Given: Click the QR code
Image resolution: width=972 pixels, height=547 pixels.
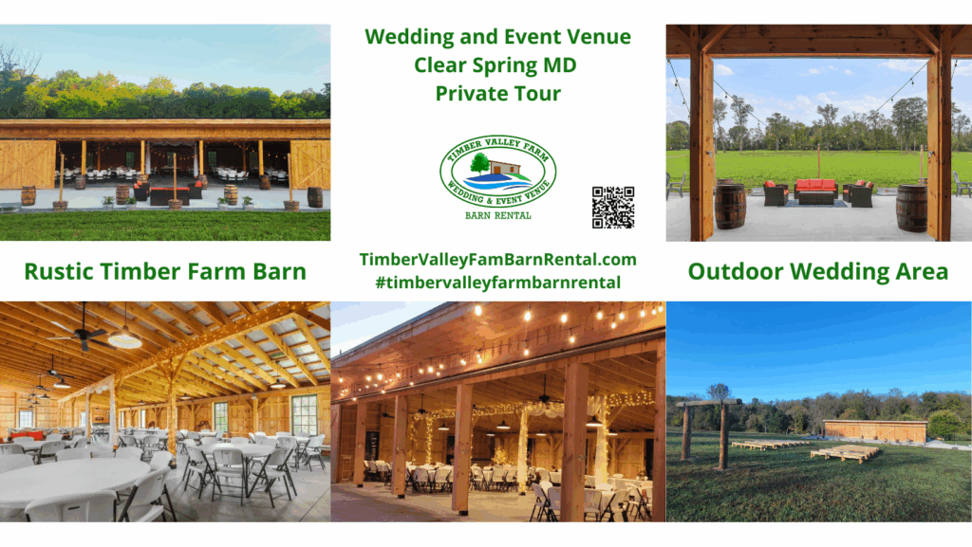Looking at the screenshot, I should click(612, 208).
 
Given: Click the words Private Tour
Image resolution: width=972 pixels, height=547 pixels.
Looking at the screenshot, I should click(497, 94).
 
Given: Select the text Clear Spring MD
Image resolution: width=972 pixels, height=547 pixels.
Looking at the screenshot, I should click(496, 65).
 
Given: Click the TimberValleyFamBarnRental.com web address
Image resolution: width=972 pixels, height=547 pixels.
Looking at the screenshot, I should click(497, 260).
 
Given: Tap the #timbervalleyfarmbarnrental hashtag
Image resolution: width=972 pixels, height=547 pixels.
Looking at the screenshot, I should click(497, 283).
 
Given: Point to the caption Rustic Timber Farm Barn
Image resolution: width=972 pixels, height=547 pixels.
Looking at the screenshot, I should click(165, 272).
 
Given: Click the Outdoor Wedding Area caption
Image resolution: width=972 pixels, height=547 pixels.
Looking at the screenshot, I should click(817, 272).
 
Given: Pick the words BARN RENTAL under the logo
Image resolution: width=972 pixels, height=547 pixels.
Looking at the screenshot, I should click(497, 215).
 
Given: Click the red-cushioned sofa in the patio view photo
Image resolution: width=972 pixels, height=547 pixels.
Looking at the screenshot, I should click(815, 191).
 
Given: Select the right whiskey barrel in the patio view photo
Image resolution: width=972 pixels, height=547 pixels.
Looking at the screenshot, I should click(911, 208).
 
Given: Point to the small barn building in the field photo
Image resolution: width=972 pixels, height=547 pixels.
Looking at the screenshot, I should click(874, 431).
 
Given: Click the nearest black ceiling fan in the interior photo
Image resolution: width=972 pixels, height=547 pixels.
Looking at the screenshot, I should click(78, 334).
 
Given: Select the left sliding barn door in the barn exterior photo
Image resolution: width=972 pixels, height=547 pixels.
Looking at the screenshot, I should click(27, 164).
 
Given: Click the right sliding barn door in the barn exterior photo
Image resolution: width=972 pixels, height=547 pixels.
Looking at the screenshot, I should click(309, 164).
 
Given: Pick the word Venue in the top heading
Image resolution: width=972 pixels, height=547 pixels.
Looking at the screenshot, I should click(595, 37).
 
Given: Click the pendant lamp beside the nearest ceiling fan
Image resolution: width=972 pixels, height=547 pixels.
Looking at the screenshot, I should click(124, 337).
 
